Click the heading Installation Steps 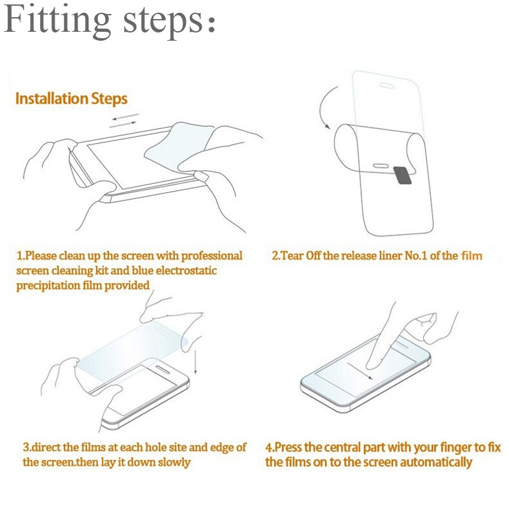[x=71, y=99]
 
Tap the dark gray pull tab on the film [x=403, y=176]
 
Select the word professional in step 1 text [x=212, y=256]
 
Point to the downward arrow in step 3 [x=195, y=361]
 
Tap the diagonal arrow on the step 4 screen [x=359, y=370]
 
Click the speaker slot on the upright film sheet [x=387, y=85]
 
